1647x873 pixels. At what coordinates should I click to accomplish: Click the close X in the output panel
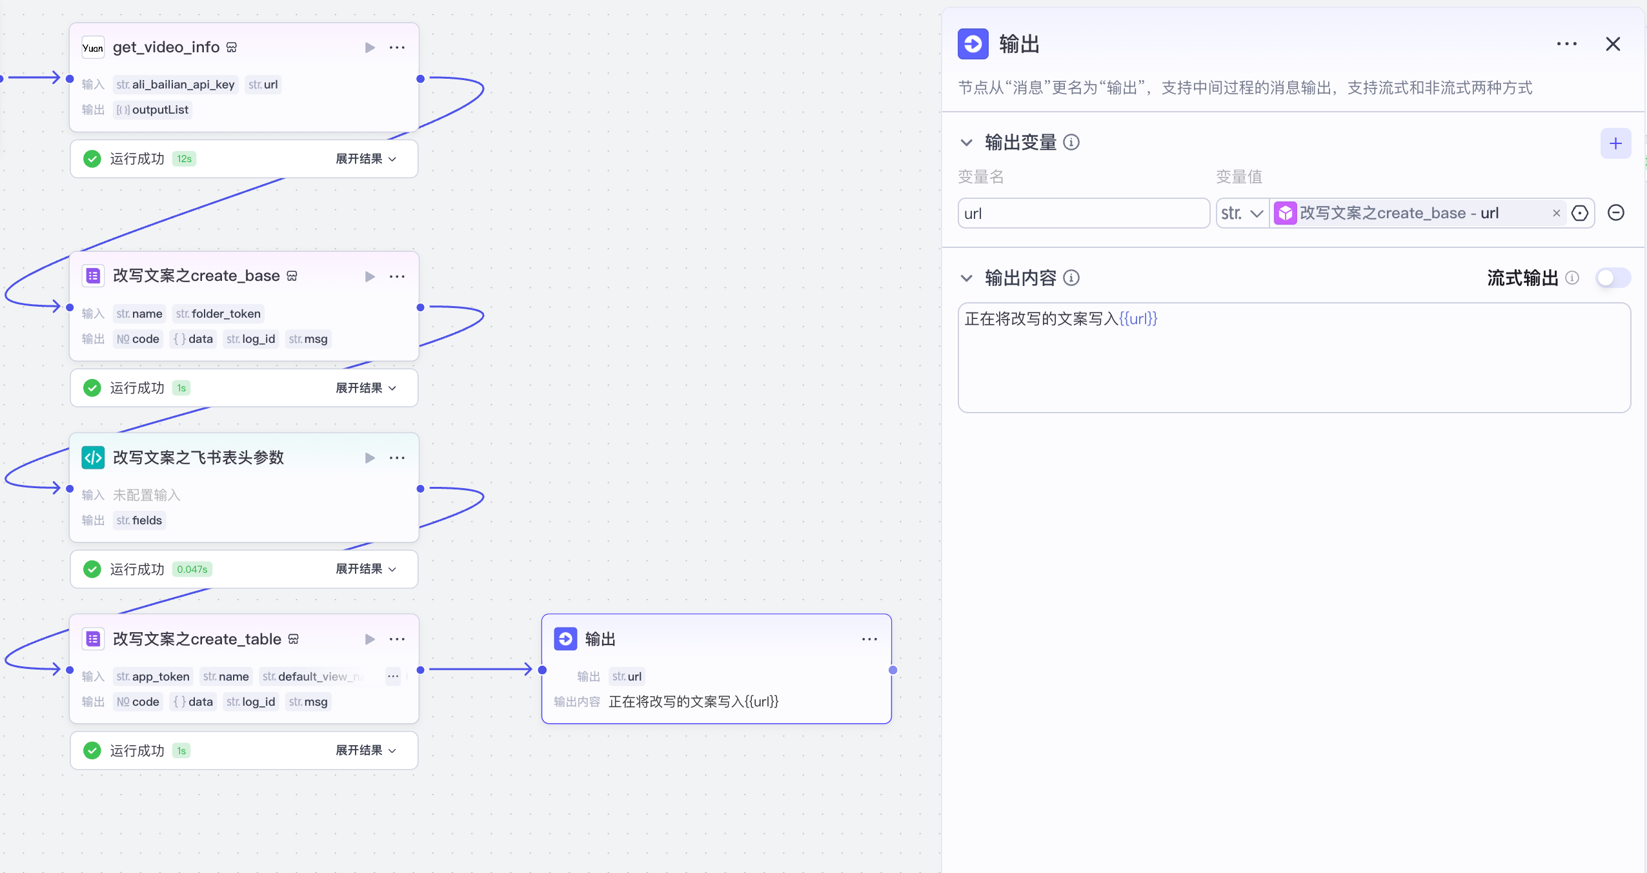[x=1613, y=44]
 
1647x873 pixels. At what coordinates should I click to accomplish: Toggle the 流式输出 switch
[x=1613, y=278]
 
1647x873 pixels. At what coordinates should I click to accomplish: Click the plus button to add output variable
[x=1615, y=143]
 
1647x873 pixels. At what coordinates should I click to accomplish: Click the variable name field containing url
[x=1083, y=213]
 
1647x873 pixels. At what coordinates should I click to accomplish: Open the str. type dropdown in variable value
[x=1242, y=213]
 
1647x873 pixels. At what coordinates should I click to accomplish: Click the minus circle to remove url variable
[x=1615, y=213]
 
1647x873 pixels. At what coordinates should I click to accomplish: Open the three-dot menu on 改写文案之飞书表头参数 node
[x=397, y=458]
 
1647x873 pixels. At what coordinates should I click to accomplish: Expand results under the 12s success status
[x=365, y=159]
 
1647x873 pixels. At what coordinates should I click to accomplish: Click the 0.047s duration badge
[x=192, y=569]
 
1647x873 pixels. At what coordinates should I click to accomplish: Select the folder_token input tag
[x=219, y=314]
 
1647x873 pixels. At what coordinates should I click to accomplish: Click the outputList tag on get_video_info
[x=153, y=110]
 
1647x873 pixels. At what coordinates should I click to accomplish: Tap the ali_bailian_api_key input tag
[x=176, y=85]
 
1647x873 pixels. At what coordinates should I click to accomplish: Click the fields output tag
[x=139, y=520]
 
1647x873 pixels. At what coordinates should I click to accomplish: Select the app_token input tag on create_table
[x=153, y=677]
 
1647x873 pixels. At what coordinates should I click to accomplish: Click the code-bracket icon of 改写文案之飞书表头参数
[x=93, y=458]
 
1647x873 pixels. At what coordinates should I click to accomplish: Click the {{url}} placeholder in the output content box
[x=1138, y=318]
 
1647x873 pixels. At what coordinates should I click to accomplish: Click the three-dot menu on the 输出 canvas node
[x=869, y=639]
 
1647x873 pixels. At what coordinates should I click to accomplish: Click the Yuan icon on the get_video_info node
[x=93, y=48]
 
